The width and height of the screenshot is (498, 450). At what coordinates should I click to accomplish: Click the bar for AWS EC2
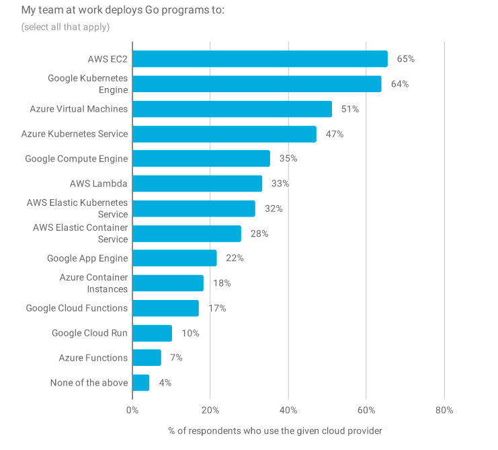tap(259, 59)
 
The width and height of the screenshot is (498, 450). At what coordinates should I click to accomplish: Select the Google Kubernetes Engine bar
tap(257, 84)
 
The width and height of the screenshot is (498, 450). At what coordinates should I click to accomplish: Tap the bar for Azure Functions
tap(147, 358)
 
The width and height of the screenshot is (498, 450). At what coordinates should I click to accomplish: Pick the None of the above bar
tap(140, 383)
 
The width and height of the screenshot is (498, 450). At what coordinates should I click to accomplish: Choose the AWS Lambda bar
tap(197, 184)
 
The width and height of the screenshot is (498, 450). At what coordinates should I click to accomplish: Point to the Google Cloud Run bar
tap(152, 333)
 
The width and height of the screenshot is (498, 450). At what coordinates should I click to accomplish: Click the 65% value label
tap(405, 59)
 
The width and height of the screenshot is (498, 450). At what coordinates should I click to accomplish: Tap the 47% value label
tap(334, 134)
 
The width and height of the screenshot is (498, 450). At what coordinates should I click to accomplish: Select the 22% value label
tap(235, 258)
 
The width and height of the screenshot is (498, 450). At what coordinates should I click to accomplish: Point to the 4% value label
tap(165, 383)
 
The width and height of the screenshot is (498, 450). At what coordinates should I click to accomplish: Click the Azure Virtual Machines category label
tap(79, 109)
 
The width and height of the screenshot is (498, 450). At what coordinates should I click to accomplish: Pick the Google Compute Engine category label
tap(76, 159)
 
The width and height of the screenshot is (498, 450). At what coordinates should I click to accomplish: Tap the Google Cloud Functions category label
tap(77, 308)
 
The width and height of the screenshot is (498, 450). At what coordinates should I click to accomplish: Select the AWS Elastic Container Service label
tap(80, 233)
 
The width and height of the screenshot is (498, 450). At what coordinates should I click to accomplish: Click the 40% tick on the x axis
tap(288, 410)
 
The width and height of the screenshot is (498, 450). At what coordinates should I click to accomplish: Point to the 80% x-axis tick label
tap(444, 410)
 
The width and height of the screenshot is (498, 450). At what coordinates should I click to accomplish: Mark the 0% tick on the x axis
tap(132, 410)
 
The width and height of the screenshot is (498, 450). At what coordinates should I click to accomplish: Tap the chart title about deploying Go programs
tap(123, 10)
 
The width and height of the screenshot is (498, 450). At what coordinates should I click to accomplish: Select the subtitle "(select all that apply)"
tap(65, 27)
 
